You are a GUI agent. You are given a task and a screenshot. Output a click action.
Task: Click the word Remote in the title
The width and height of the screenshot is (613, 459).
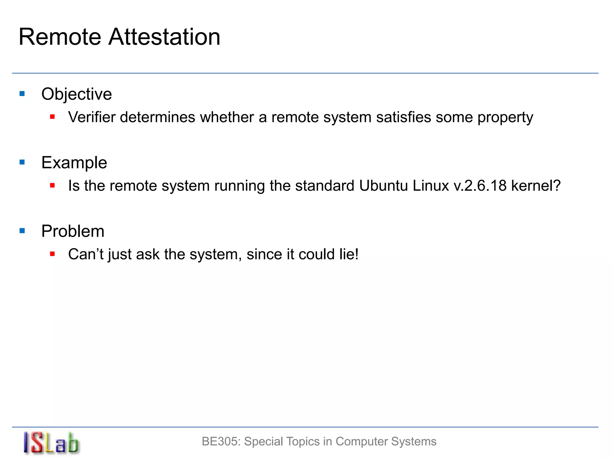[x=60, y=37]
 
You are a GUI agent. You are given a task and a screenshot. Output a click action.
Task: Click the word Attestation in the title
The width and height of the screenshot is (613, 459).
[x=164, y=37]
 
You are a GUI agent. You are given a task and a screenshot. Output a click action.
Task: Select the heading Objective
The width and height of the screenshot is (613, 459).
[x=77, y=94]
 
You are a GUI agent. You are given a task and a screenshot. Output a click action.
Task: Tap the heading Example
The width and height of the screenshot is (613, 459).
[x=74, y=163]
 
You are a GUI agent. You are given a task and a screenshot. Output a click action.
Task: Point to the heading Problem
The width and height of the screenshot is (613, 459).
[x=73, y=231]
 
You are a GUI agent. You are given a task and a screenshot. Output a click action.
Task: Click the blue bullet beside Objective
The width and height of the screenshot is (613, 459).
[x=22, y=94]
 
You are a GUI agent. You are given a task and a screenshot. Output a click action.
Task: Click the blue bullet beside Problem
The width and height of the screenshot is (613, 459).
[x=22, y=231]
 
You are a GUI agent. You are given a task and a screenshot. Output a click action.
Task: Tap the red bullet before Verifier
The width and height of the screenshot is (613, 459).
[x=52, y=117]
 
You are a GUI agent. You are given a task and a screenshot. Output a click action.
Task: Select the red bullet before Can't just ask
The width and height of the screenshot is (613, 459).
[x=52, y=254]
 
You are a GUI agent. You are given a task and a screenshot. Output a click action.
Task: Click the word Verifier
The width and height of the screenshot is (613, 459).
[x=92, y=117]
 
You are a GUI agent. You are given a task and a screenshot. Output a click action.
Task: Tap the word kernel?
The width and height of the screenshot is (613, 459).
[x=536, y=186]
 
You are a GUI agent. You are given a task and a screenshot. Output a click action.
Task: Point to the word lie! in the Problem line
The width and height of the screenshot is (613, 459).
[x=349, y=254]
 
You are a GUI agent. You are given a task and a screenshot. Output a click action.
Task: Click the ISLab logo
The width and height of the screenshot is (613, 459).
[x=51, y=443]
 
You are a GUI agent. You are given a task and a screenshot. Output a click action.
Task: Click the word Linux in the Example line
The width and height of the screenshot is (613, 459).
[x=431, y=186]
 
